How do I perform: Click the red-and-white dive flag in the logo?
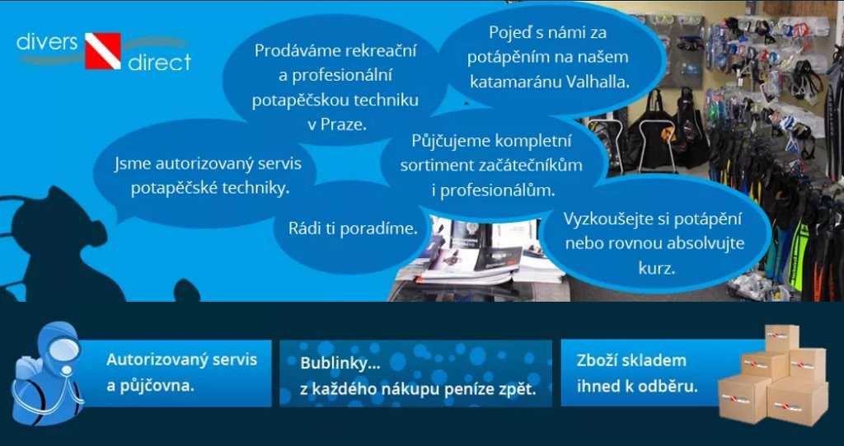pos(102,51)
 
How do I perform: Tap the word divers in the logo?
pos(47,42)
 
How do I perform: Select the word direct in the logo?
pos(159,62)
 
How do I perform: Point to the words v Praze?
pos(336,124)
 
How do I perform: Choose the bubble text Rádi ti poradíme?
pos(353,228)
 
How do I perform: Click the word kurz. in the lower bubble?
pos(656,268)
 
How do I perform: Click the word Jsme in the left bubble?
pos(129,163)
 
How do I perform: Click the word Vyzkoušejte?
pos(610,220)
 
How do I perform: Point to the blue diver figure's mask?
pos(64,350)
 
